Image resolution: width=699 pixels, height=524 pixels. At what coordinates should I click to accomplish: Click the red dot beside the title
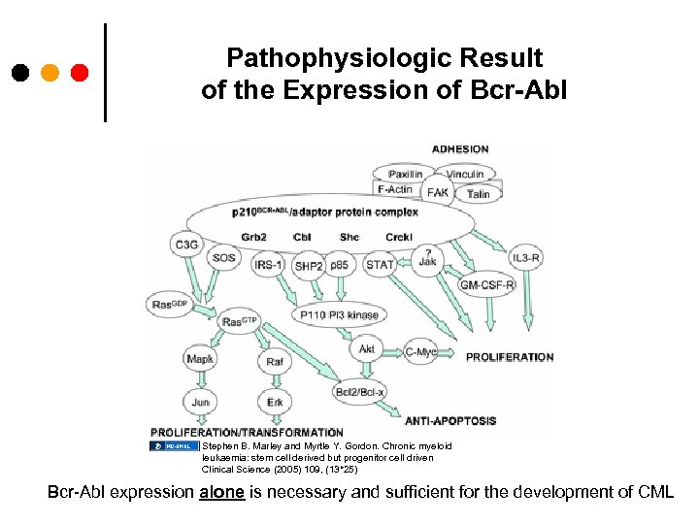click(80, 73)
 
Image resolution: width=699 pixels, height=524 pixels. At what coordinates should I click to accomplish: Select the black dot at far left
click(19, 73)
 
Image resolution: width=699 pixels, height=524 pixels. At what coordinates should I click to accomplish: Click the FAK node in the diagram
click(438, 192)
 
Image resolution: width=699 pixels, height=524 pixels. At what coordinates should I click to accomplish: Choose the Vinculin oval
click(465, 175)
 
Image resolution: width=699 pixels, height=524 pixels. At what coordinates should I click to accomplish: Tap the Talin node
click(479, 194)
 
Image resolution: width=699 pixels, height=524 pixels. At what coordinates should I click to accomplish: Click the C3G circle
click(185, 246)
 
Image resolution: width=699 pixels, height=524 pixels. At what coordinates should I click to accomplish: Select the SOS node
click(223, 258)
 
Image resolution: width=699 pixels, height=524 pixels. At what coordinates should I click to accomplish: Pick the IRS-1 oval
click(269, 264)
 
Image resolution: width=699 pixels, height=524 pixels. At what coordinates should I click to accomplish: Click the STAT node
click(380, 264)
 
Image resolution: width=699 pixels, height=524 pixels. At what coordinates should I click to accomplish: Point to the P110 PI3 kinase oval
click(340, 314)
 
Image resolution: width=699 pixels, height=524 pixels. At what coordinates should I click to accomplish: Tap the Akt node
click(367, 349)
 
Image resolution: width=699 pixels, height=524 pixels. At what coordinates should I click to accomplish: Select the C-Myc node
click(420, 352)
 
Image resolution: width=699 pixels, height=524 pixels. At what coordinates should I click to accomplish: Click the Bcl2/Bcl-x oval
click(359, 391)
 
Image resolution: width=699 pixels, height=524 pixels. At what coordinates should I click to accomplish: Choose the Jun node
click(200, 401)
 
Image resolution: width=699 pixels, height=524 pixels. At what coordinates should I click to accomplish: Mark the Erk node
click(275, 401)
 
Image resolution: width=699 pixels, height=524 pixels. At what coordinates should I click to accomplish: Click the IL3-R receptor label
click(527, 258)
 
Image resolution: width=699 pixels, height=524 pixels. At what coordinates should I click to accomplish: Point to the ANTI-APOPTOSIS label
click(450, 421)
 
